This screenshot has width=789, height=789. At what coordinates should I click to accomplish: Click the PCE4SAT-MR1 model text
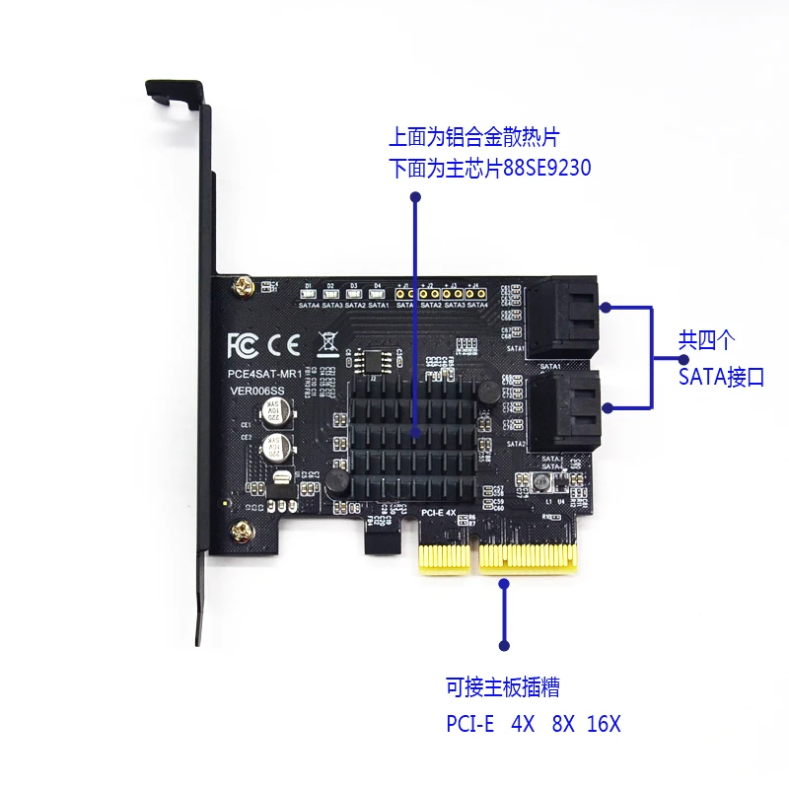pos(261,374)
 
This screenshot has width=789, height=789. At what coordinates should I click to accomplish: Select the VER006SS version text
pos(255,392)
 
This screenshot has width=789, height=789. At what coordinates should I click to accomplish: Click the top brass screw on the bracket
pos(241,288)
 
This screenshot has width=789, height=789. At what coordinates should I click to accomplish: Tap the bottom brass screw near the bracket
pos(240,534)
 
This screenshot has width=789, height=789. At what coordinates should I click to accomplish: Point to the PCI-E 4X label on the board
pos(438,513)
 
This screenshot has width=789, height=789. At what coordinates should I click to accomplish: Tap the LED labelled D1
pos(308,293)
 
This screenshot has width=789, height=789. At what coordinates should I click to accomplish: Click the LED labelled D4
pos(376,293)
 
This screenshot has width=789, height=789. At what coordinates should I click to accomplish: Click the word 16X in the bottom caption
pos(604,723)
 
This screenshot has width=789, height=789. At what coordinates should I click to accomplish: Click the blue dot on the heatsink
pos(416,432)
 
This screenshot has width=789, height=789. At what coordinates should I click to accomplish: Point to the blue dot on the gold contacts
pos(504,584)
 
